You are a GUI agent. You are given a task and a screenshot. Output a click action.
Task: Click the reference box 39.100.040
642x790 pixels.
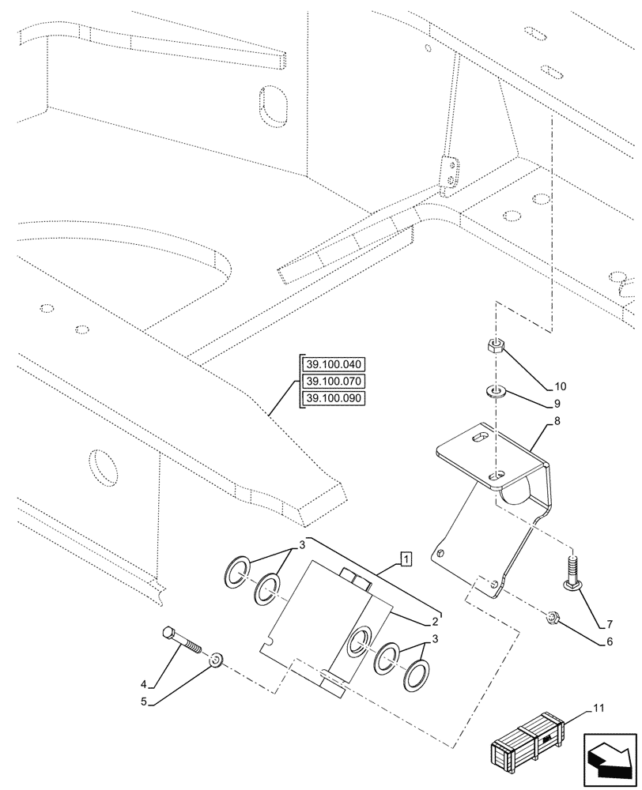(332, 364)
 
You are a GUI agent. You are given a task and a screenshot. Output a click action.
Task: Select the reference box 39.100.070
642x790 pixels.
(332, 382)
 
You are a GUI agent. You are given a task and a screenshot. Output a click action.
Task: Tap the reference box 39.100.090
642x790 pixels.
(332, 398)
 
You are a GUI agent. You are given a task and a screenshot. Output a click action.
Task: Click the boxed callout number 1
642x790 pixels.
(405, 560)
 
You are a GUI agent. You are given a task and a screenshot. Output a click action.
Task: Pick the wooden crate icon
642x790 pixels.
(528, 745)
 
